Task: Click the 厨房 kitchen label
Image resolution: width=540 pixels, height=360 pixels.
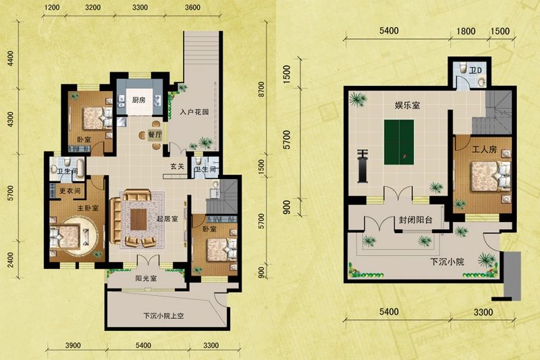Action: (139, 100)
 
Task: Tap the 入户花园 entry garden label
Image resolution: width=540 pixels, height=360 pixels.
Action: (194, 112)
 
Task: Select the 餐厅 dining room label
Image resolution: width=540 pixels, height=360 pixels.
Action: (155, 135)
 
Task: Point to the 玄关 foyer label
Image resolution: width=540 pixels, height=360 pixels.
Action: (178, 167)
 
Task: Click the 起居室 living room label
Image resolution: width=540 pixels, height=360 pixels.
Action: (167, 219)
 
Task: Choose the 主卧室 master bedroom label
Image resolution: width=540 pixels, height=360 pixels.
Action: (88, 208)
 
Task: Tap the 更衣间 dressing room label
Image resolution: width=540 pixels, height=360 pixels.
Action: (70, 190)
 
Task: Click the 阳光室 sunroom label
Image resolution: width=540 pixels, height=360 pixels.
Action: (146, 278)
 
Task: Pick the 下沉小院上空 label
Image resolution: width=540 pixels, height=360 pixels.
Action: (163, 315)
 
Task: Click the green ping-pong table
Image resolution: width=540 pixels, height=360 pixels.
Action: (399, 143)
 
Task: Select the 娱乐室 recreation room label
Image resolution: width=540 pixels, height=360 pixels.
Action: (408, 105)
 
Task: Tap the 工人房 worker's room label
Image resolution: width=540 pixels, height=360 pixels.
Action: (484, 149)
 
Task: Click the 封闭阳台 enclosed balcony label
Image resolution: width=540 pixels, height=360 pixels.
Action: (415, 220)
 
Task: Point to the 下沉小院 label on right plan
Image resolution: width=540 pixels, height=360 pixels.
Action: (447, 262)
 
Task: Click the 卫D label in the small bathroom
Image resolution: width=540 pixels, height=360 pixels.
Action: (476, 71)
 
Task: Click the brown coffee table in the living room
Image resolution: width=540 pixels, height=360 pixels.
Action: (138, 220)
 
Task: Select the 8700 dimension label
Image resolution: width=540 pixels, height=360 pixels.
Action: (261, 89)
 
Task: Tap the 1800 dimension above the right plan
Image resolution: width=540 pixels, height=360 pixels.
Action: (466, 31)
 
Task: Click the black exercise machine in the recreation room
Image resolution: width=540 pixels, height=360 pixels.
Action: (362, 166)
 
